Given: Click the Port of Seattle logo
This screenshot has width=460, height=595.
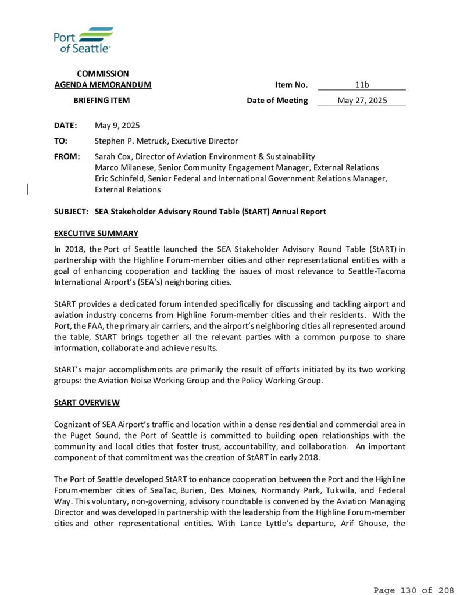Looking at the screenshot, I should tap(83, 40).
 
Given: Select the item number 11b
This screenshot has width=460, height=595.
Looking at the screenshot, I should tap(362, 85).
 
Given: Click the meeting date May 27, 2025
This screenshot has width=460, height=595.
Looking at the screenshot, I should tap(362, 101).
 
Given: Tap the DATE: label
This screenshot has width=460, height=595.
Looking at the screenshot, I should tap(65, 126).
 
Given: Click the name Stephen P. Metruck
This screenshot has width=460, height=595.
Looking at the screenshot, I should tap(129, 141).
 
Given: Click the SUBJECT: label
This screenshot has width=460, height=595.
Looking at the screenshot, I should tap(71, 212).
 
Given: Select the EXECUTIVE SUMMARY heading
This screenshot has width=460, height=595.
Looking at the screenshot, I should tap(96, 234).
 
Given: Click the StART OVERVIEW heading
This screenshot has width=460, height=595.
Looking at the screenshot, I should tap(87, 403).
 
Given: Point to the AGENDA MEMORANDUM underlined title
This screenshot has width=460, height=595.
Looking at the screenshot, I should tap(102, 85).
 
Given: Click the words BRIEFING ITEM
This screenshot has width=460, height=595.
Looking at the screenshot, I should tap(101, 101).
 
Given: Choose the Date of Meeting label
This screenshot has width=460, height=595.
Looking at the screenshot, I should tap(277, 101).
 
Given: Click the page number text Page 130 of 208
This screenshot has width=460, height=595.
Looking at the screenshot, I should tap(413, 590).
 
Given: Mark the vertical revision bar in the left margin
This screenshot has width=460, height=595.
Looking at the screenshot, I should tap(28, 187).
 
